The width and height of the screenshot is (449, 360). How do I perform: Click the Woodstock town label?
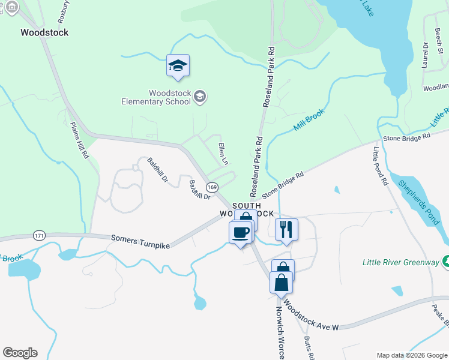tap(44, 32)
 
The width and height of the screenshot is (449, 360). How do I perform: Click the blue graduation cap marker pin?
tap(178, 65)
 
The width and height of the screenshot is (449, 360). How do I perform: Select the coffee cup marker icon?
tap(241, 232)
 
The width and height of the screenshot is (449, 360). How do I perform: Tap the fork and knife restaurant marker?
tap(286, 229)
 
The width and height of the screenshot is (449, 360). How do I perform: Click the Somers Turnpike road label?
tap(140, 242)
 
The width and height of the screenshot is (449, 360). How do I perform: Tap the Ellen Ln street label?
tap(223, 154)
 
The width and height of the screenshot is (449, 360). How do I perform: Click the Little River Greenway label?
tap(400, 262)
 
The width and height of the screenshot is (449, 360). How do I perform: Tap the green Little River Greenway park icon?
tap(445, 262)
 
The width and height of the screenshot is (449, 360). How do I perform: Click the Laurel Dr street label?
tap(426, 53)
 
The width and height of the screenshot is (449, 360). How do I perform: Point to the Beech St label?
tap(439, 38)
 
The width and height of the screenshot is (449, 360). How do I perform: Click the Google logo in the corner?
tap(20, 353)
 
